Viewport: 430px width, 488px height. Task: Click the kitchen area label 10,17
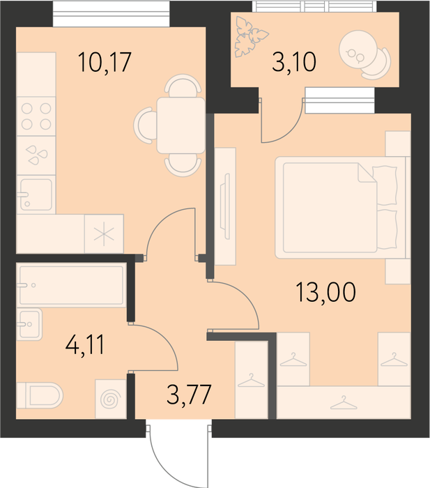click(105, 62)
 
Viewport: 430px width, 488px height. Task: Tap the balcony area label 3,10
click(294, 61)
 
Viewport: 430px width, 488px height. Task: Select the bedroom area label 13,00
click(325, 292)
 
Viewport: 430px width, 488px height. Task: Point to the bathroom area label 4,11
click(85, 344)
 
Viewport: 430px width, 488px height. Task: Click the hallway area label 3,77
click(189, 395)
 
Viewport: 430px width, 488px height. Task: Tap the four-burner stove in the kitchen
click(36, 116)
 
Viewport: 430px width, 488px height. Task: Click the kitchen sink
click(36, 195)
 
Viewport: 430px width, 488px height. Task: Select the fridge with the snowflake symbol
click(104, 234)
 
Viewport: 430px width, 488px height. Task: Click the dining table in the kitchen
click(181, 125)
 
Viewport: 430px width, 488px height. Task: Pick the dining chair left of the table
click(145, 125)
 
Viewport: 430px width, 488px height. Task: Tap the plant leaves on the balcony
click(250, 37)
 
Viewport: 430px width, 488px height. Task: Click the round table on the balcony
click(358, 49)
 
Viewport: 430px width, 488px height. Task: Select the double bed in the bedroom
click(340, 208)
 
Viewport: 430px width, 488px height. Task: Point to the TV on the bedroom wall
click(225, 206)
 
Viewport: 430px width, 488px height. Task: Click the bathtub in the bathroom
click(72, 285)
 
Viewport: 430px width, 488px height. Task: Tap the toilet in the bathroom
click(40, 395)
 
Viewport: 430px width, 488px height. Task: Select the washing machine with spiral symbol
click(110, 399)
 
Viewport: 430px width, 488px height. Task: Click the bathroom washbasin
click(29, 324)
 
